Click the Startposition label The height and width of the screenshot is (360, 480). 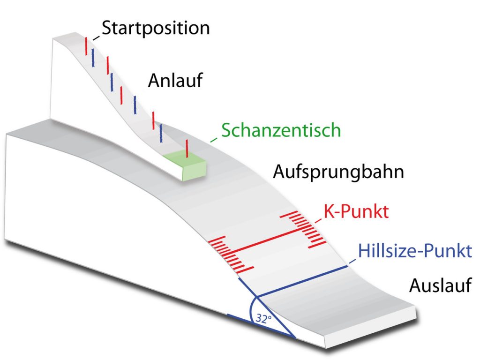pyautogui.click(x=156, y=29)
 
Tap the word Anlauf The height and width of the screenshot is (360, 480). pyautogui.click(x=175, y=81)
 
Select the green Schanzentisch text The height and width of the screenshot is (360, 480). pyautogui.click(x=281, y=130)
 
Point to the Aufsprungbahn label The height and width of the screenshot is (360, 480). pyautogui.click(x=338, y=172)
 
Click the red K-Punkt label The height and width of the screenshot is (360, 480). pyautogui.click(x=356, y=211)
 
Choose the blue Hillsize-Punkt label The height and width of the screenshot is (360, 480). pyautogui.click(x=415, y=251)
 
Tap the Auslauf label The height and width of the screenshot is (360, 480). pyautogui.click(x=440, y=285)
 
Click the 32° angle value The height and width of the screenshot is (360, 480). pyautogui.click(x=263, y=319)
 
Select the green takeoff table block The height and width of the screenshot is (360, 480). pyautogui.click(x=185, y=165)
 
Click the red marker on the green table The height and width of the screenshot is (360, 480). pyautogui.click(x=187, y=149)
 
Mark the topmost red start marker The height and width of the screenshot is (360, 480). pyautogui.click(x=86, y=46)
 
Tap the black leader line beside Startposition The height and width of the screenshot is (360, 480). pyautogui.click(x=96, y=38)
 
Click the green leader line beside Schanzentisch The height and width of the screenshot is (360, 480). pyautogui.click(x=214, y=140)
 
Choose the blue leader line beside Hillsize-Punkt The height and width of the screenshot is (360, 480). pyautogui.click(x=352, y=262)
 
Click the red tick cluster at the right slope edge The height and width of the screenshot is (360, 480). pyautogui.click(x=303, y=229)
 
